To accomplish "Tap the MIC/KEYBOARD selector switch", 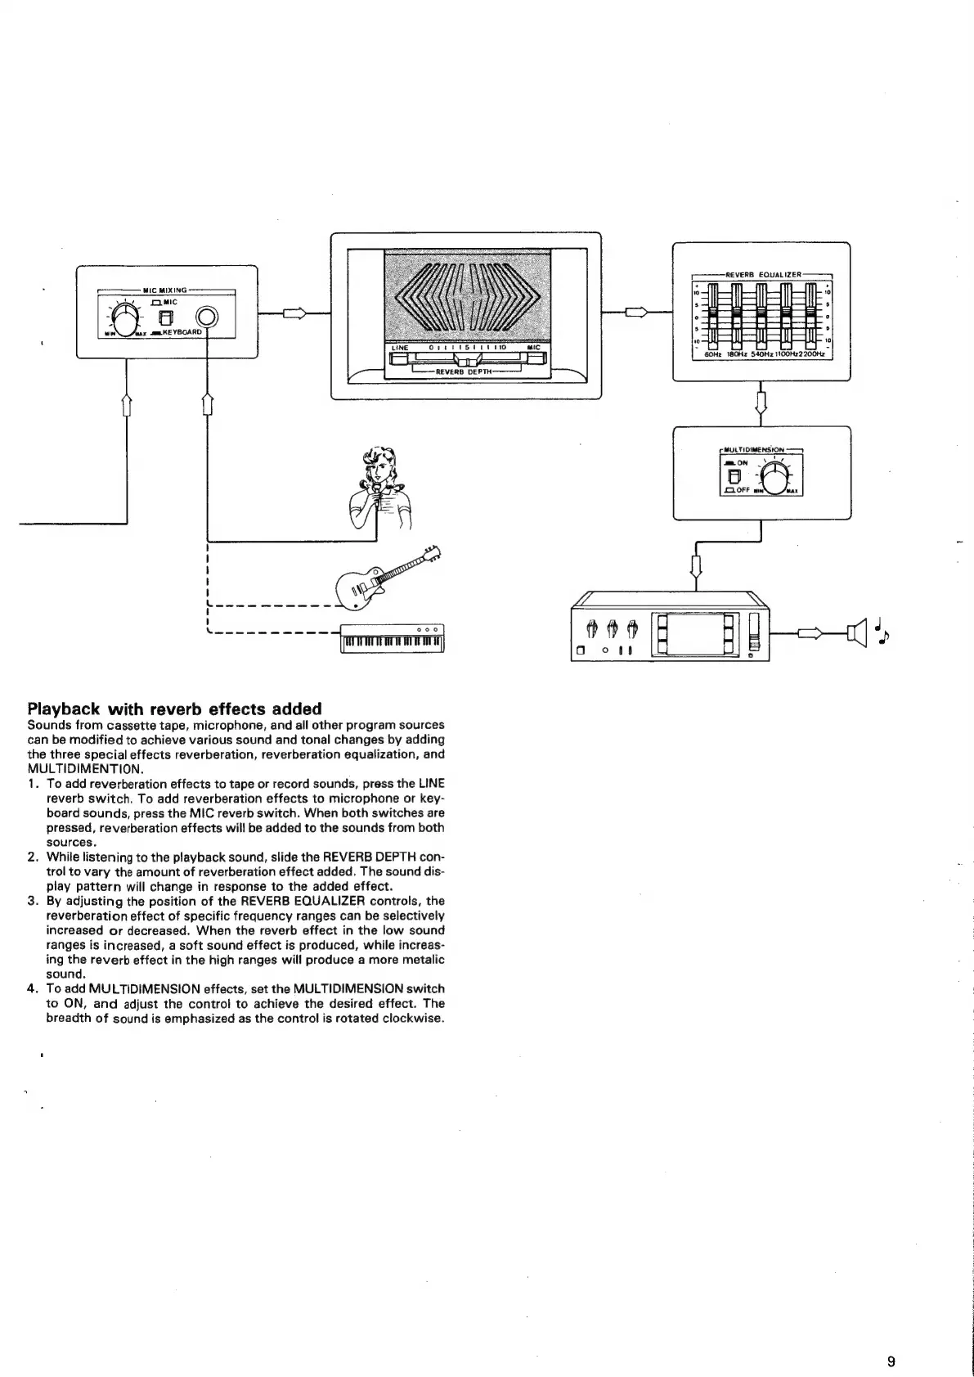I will point(166,318).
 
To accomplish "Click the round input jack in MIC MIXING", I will point(208,317).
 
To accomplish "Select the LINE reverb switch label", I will point(400,348).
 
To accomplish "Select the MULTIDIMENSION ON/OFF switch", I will point(734,475).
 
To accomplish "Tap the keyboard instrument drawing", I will point(393,638).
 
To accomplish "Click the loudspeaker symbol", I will point(858,632).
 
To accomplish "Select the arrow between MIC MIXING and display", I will point(295,313).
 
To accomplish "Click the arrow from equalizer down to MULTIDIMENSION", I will point(761,402).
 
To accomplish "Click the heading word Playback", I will point(64,709).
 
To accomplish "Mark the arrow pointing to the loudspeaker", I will point(810,632).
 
